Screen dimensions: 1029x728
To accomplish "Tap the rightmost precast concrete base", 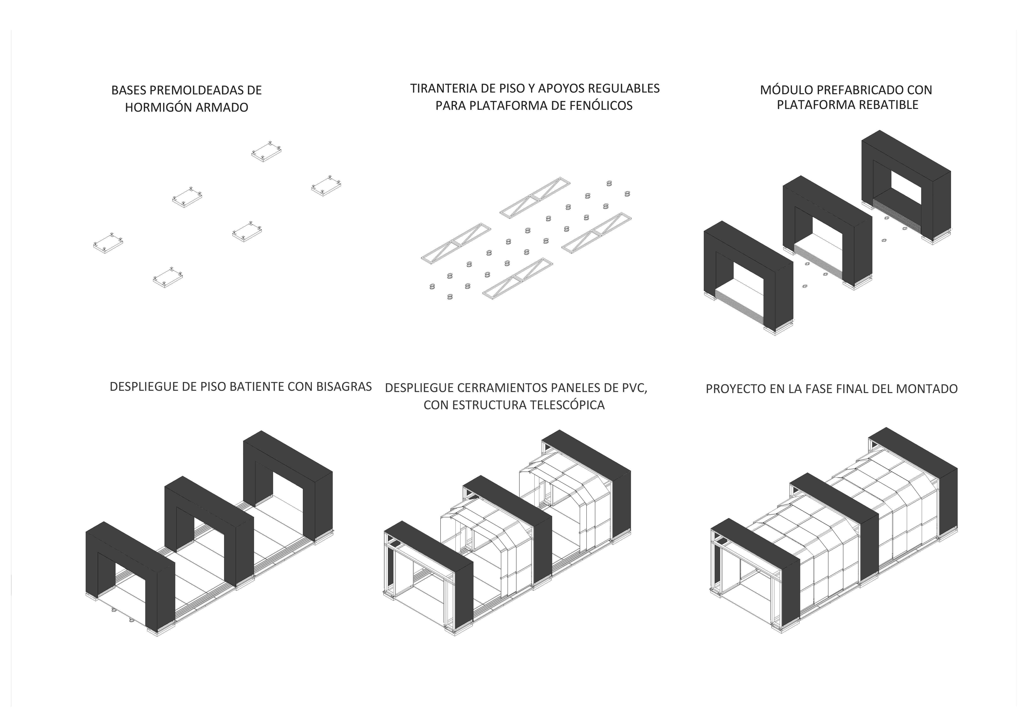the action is pos(326,185).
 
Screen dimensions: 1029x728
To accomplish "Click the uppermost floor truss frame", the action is pos(535,198).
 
